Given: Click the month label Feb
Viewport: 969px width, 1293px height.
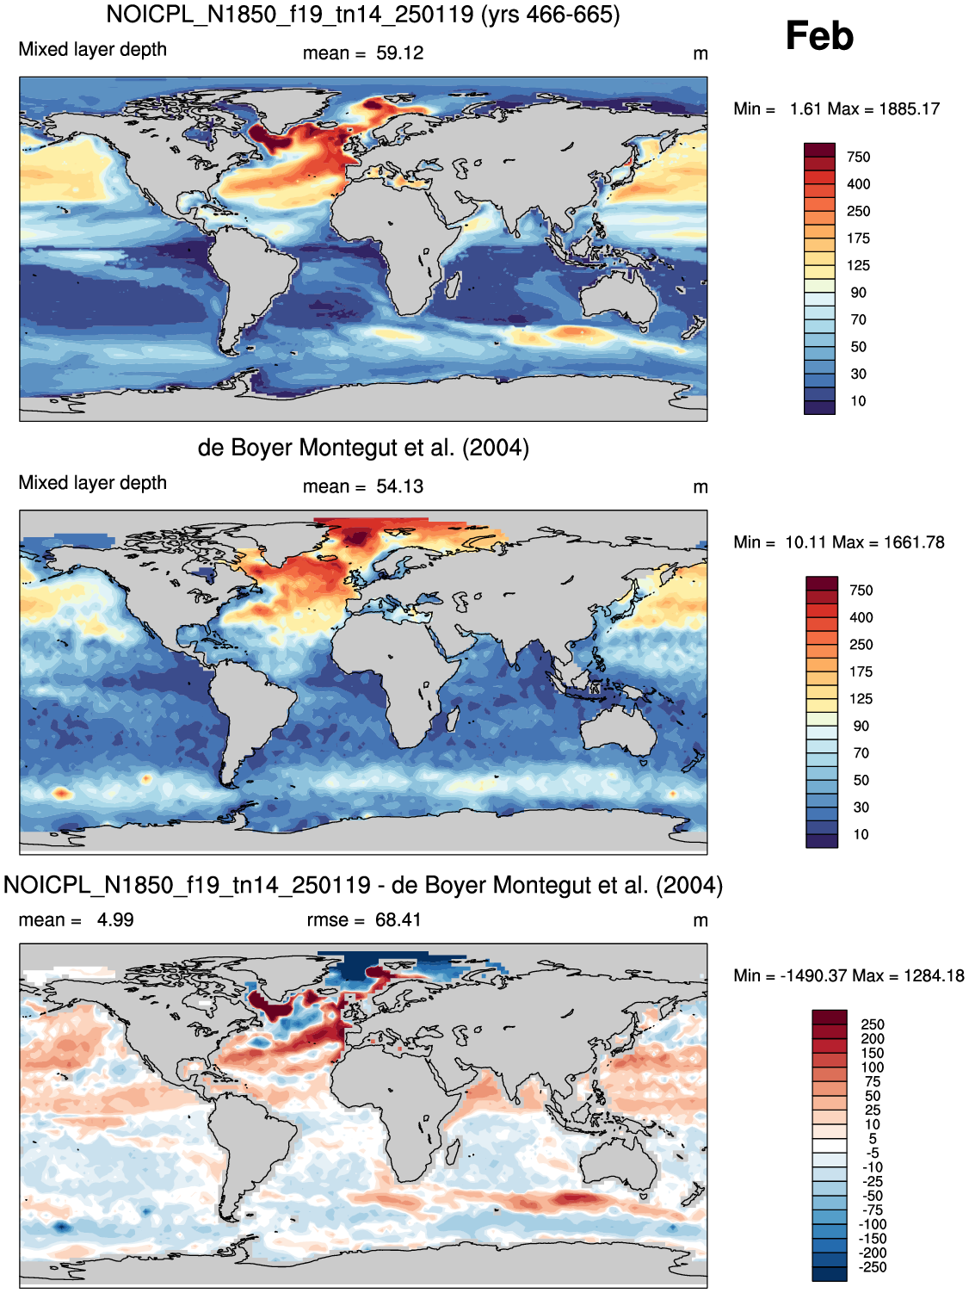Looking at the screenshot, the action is (x=819, y=35).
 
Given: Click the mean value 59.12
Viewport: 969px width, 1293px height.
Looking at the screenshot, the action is (x=399, y=53).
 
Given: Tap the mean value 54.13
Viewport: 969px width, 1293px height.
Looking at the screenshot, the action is (x=399, y=486).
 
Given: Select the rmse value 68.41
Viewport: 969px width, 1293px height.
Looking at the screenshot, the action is (x=398, y=920).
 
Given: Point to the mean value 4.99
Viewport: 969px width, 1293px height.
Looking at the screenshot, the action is (x=115, y=920).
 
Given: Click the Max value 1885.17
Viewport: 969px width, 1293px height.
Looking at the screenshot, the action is (x=909, y=109).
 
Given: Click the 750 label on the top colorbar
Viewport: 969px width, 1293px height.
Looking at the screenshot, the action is (x=858, y=158).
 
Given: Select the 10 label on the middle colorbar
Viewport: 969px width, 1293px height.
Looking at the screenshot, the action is (x=861, y=835).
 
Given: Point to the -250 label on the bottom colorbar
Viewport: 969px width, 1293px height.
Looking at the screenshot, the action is (x=873, y=1267).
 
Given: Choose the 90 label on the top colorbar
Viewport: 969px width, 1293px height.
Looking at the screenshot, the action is (x=858, y=293).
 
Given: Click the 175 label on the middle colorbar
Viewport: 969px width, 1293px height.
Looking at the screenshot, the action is (x=861, y=672).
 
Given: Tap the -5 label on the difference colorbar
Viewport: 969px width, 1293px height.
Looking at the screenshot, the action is (x=873, y=1153).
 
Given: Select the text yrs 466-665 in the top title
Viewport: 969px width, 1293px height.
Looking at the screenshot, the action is (x=551, y=15).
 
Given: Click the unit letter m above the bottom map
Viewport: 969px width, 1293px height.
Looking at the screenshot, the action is (x=700, y=921).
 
